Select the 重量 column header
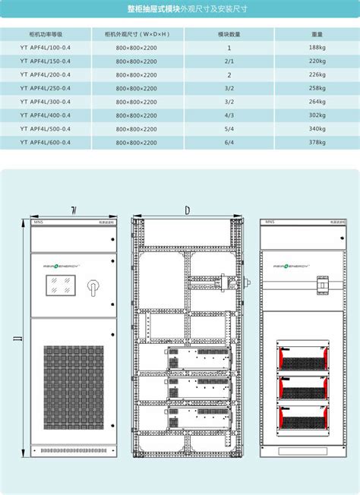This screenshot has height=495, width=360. point(317,35)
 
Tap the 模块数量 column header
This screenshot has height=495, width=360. point(229,35)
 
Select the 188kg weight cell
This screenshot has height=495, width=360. point(317,48)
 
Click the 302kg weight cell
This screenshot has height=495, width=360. point(317,115)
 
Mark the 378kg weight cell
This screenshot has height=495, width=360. point(317,142)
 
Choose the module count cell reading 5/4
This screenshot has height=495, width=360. point(229,128)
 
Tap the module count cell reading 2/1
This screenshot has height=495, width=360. point(229,61)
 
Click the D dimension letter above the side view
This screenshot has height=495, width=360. point(187,209)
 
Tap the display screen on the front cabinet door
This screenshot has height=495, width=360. point(60,289)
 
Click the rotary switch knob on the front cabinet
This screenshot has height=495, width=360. point(95,289)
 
